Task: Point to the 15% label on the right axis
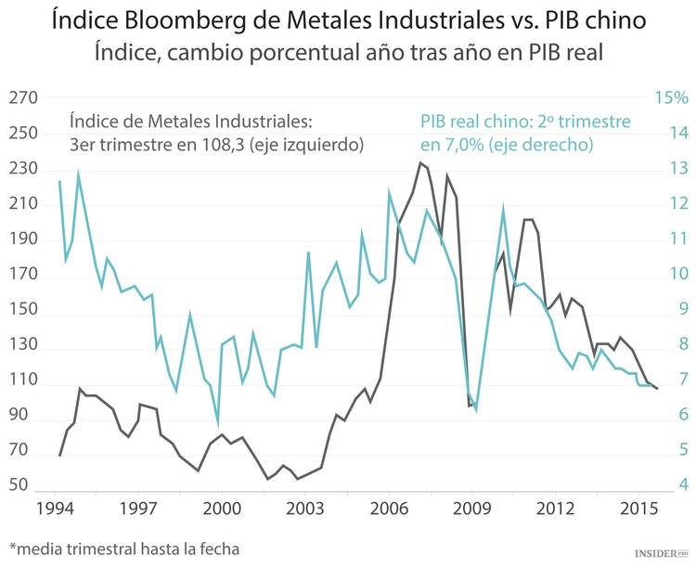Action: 671,98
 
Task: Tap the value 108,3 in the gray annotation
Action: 233,145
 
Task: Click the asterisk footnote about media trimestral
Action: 123,549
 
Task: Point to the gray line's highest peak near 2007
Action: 420,163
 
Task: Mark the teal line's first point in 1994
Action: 59,182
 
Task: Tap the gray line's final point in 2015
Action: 657,389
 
